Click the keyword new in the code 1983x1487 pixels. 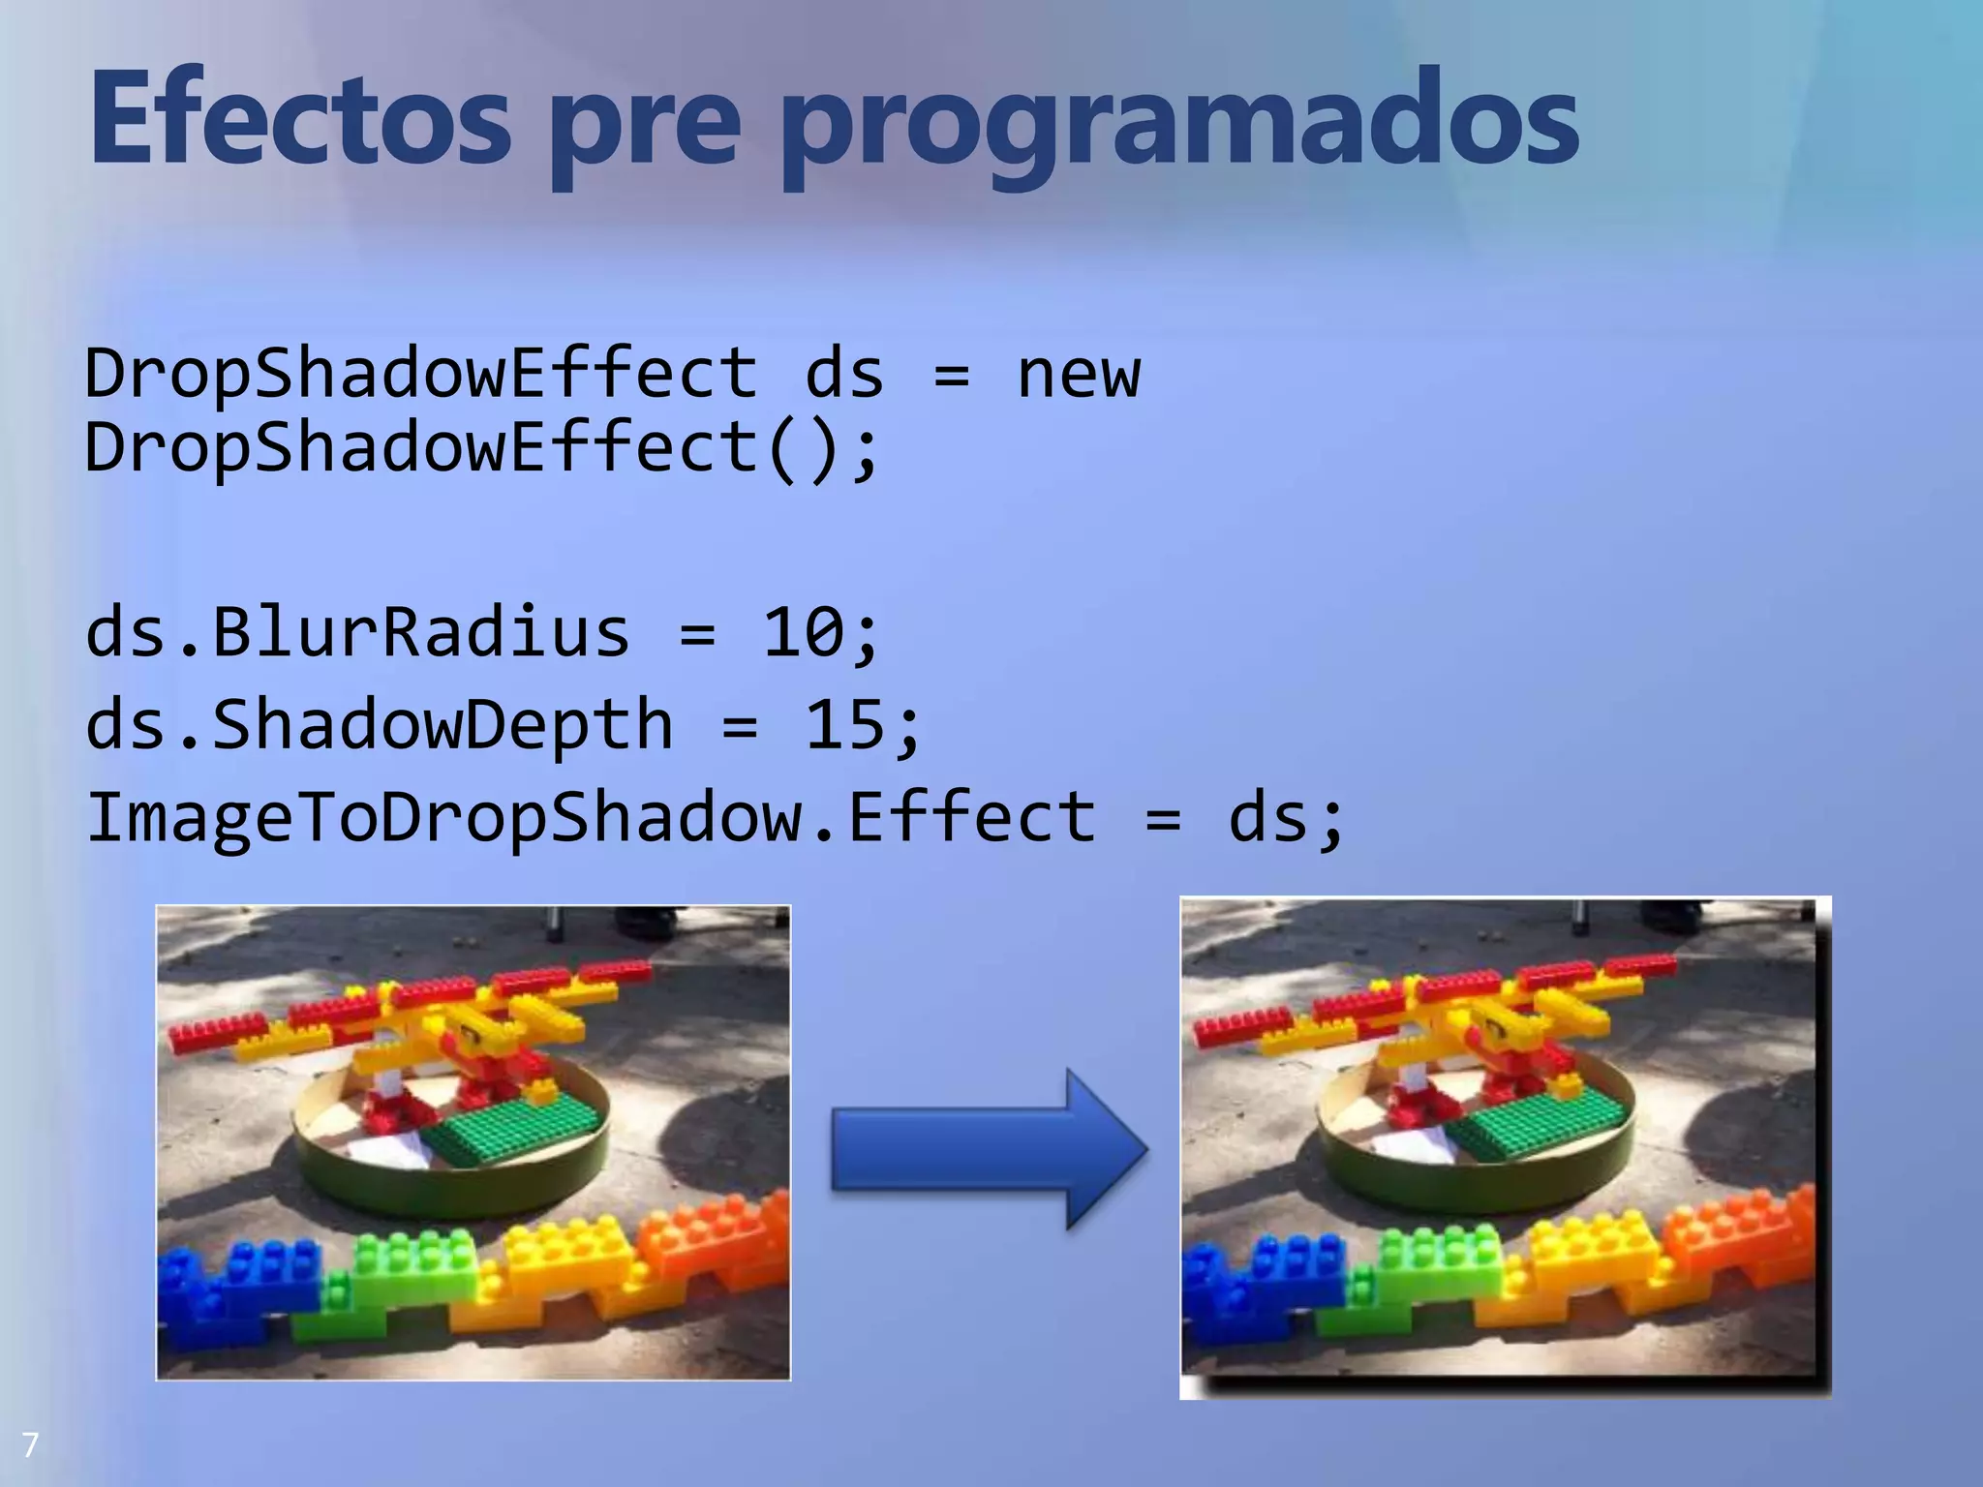pyautogui.click(x=1078, y=375)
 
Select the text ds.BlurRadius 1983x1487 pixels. pyautogui.click(x=357, y=633)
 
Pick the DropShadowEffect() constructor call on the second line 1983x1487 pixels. pyautogui.click(x=481, y=449)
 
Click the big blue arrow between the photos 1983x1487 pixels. pyautogui.click(x=988, y=1149)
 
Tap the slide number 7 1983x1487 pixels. pyautogui.click(x=30, y=1445)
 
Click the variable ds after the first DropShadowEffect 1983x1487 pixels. pyautogui.click(x=843, y=375)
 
